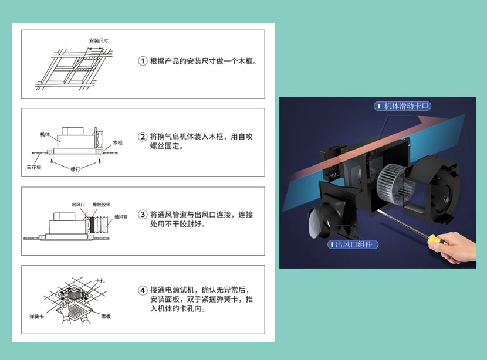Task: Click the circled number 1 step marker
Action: pyautogui.click(x=143, y=61)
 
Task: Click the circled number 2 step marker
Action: pyautogui.click(x=143, y=137)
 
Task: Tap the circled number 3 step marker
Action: pyautogui.click(x=143, y=215)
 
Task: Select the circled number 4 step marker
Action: pyautogui.click(x=143, y=290)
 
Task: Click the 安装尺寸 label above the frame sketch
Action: pyautogui.click(x=99, y=40)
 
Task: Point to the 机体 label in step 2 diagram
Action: pyautogui.click(x=45, y=134)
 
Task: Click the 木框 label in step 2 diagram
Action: pyautogui.click(x=118, y=142)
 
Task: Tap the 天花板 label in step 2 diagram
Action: pyautogui.click(x=34, y=167)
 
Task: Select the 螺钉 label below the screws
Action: pyautogui.click(x=75, y=169)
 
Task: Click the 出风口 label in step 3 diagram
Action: pyautogui.click(x=78, y=205)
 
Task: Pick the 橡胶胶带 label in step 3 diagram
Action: pyautogui.click(x=102, y=205)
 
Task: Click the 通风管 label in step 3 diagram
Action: pyautogui.click(x=121, y=216)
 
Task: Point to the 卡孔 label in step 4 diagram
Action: pyautogui.click(x=100, y=280)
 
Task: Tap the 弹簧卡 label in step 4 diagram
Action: pyautogui.click(x=36, y=317)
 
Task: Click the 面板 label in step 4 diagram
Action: pyautogui.click(x=106, y=316)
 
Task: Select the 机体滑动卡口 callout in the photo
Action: pyautogui.click(x=403, y=106)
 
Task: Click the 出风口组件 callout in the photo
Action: pyautogui.click(x=353, y=244)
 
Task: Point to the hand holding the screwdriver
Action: pyautogui.click(x=454, y=247)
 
